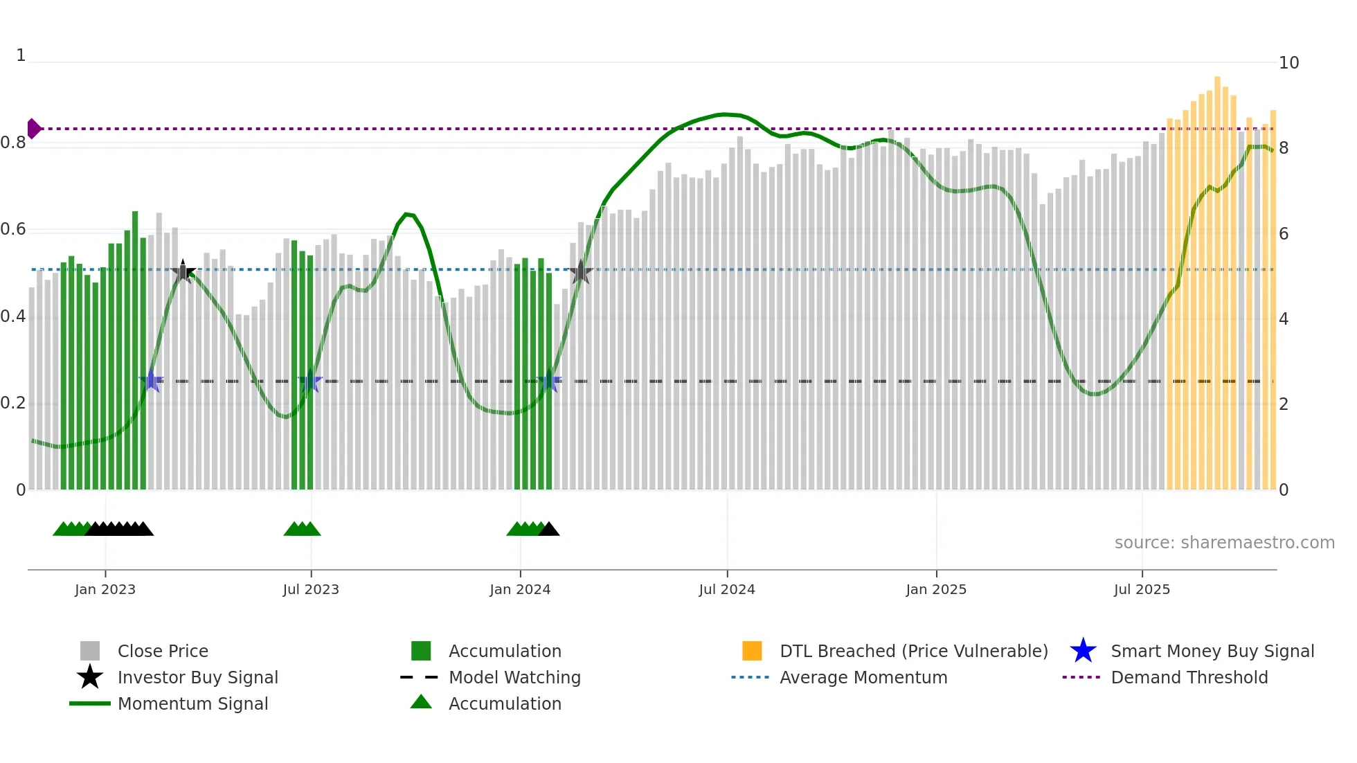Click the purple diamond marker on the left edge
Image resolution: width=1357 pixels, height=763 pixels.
click(x=33, y=129)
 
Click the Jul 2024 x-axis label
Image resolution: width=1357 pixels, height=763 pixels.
click(x=726, y=589)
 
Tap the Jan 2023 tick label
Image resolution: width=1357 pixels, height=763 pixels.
click(x=105, y=589)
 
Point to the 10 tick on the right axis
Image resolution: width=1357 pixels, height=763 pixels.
click(x=1288, y=63)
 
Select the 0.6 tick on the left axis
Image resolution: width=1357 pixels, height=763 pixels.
click(x=14, y=229)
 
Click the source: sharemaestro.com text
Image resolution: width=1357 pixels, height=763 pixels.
click(x=1224, y=543)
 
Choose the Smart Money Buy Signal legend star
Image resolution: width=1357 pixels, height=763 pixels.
click(x=1083, y=651)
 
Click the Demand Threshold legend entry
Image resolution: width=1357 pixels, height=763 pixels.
click(x=1189, y=677)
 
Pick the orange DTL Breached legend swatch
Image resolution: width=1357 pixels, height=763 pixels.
click(x=752, y=651)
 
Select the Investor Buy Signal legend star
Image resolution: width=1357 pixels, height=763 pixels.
click(x=90, y=677)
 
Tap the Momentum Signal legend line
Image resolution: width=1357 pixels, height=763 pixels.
click(x=90, y=703)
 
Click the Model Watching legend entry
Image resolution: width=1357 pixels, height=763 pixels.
click(x=514, y=677)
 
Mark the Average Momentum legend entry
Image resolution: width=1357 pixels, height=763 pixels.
click(x=863, y=677)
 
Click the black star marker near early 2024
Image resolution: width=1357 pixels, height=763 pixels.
click(x=580, y=272)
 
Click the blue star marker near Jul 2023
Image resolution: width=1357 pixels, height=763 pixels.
click(x=310, y=381)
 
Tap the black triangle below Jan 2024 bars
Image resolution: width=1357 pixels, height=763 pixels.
click(x=549, y=530)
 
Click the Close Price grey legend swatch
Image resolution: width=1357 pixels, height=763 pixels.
click(x=90, y=651)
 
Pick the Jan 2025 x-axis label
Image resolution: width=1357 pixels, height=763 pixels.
click(x=935, y=589)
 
